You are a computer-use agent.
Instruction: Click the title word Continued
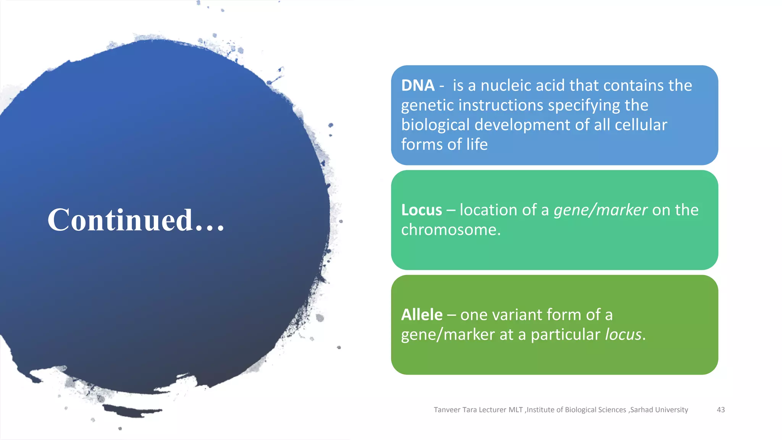pos(120,220)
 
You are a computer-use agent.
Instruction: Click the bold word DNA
pos(418,86)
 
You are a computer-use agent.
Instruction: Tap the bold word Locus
pos(421,210)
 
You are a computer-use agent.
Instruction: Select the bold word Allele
pos(422,315)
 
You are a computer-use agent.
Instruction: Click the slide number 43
pos(721,410)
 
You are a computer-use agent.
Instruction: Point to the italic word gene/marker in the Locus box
pos(600,210)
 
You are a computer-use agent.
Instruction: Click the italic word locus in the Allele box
pos(623,335)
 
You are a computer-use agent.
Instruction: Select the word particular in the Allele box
pos(565,335)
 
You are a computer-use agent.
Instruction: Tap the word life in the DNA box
pos(477,145)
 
